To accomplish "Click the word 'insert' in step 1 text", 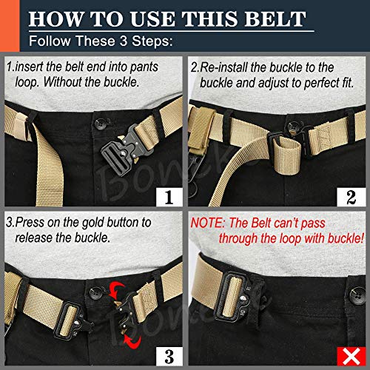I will point(33,66).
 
